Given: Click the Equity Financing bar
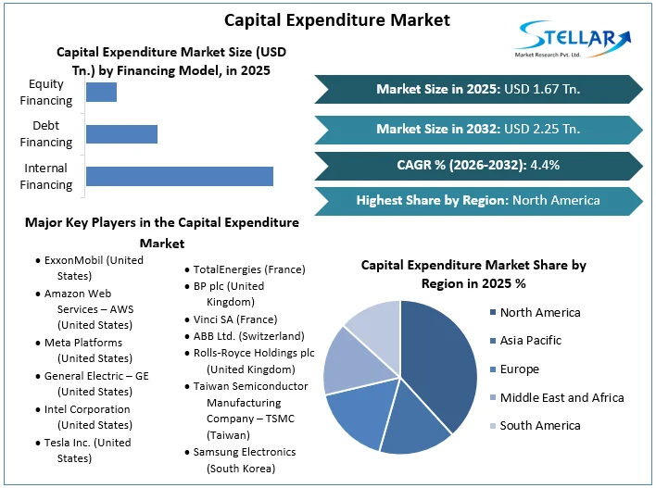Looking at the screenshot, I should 101,92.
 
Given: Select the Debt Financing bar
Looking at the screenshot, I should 121,134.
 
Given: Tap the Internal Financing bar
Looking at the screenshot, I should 179,176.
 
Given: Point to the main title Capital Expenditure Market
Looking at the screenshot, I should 325,19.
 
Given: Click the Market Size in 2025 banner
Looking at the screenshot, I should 478,89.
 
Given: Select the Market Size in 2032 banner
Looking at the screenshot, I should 478,128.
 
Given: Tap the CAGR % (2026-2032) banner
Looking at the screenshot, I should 478,166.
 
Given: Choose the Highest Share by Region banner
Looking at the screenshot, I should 478,200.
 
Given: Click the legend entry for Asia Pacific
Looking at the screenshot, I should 530,341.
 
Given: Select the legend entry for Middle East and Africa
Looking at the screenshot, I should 561,397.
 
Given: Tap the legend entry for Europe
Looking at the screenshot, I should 519,369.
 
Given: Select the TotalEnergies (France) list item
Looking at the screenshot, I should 248,269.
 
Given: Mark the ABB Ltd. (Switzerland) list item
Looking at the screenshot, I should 248,335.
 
